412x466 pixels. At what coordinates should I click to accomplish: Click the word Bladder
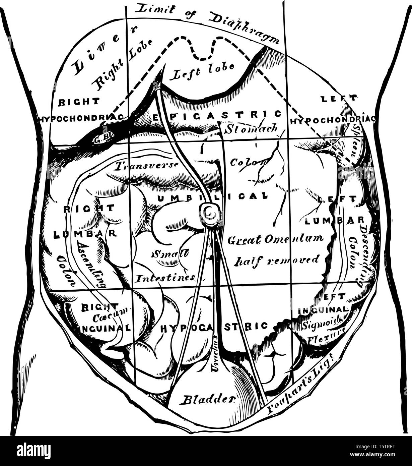pyautogui.click(x=208, y=399)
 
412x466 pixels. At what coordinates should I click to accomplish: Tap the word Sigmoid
pyautogui.click(x=320, y=324)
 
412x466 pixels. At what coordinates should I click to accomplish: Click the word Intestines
pyautogui.click(x=165, y=278)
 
